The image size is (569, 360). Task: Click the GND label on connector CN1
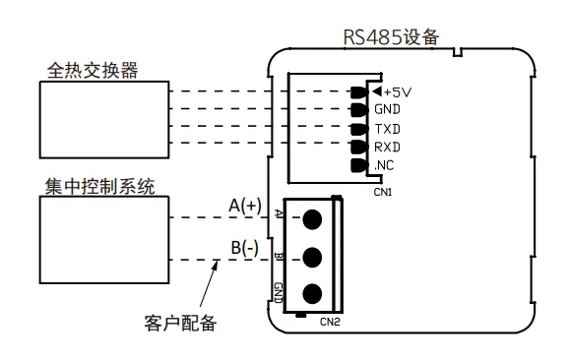pyautogui.click(x=387, y=110)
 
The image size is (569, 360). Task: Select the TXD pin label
pyautogui.click(x=387, y=129)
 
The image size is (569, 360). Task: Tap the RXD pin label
pyautogui.click(x=387, y=148)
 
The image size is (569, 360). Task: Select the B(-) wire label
pyautogui.click(x=244, y=248)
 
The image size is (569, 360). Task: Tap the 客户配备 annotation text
pyautogui.click(x=179, y=322)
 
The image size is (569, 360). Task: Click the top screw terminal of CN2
pyautogui.click(x=314, y=218)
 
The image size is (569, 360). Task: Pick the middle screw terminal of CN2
pyautogui.click(x=314, y=257)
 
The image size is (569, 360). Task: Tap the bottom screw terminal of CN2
pyautogui.click(x=314, y=293)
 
